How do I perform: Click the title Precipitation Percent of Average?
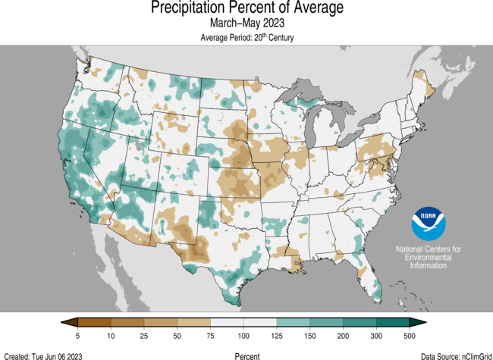[x=246, y=8]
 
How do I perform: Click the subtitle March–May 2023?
[x=246, y=24]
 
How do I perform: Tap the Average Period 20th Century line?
[x=246, y=37]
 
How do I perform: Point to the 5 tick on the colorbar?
[x=77, y=335]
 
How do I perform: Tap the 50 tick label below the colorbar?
[x=176, y=335]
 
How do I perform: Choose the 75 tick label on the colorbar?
[x=209, y=335]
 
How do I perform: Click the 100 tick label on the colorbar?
[x=242, y=335]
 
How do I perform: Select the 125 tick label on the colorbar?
[x=275, y=335]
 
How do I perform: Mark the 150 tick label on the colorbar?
[x=309, y=335]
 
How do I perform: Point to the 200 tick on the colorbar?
[x=342, y=335]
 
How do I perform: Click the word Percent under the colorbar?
[x=246, y=355]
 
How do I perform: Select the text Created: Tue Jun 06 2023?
[x=43, y=355]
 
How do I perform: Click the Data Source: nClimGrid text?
[x=452, y=355]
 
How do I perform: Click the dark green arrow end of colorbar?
[x=420, y=323]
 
